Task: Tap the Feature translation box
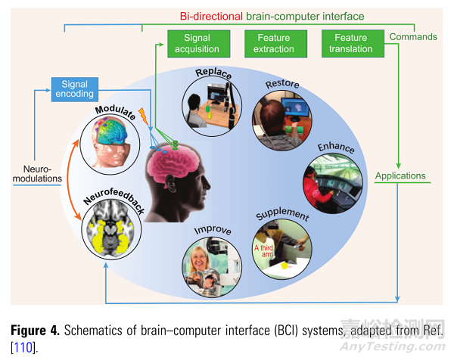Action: [350, 43]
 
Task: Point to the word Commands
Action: [412, 36]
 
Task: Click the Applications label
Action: [400, 176]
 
